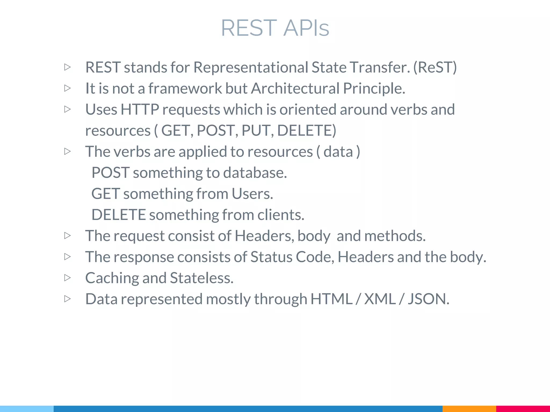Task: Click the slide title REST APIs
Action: coord(275,28)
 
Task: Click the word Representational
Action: coord(251,67)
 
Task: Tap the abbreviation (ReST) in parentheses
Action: coord(435,67)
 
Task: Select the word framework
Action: coord(185,88)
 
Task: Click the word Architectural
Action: coord(295,88)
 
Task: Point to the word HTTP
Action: coord(140,109)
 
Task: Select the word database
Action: coord(254,173)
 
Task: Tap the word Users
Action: coord(252,194)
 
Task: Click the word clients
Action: coord(281,215)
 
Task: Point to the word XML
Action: coord(380,299)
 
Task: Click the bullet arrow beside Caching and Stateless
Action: coord(68,278)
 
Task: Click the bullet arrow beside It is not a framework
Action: coord(68,88)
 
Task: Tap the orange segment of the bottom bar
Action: coord(469,409)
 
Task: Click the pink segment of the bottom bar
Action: coord(523,409)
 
